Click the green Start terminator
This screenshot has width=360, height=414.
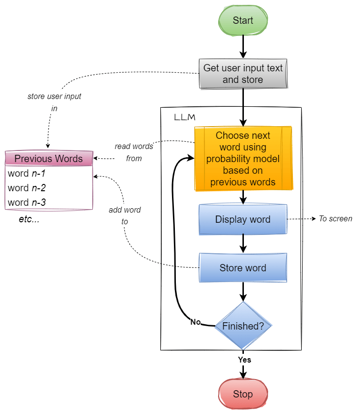point(243,20)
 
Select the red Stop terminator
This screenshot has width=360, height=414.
point(243,394)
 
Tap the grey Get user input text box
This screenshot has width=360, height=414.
point(243,74)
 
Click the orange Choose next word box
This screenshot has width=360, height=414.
point(243,159)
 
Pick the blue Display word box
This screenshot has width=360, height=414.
point(243,219)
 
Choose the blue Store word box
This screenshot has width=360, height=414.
point(243,268)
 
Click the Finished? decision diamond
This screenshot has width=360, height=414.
point(243,326)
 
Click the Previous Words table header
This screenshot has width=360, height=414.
point(49,159)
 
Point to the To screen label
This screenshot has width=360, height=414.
point(335,219)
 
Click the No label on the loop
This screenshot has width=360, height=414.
point(195,322)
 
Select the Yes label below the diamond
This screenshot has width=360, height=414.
point(244,360)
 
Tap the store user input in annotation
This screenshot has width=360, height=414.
point(54,102)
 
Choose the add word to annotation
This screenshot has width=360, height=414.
point(125,215)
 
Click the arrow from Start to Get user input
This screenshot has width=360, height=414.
point(243,48)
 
